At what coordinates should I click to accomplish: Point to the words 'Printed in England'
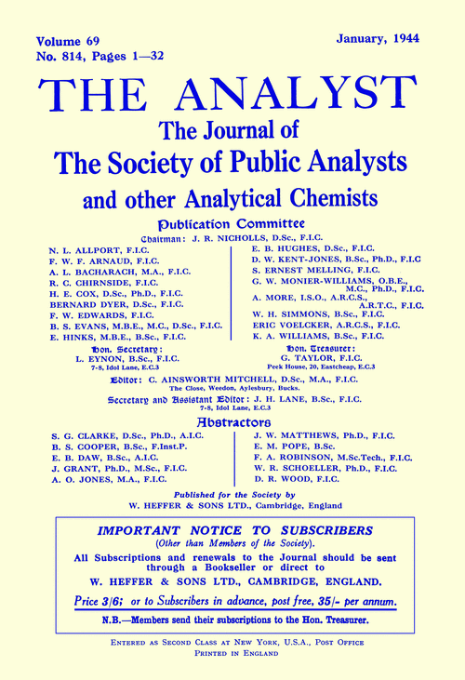tap(232, 668)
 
